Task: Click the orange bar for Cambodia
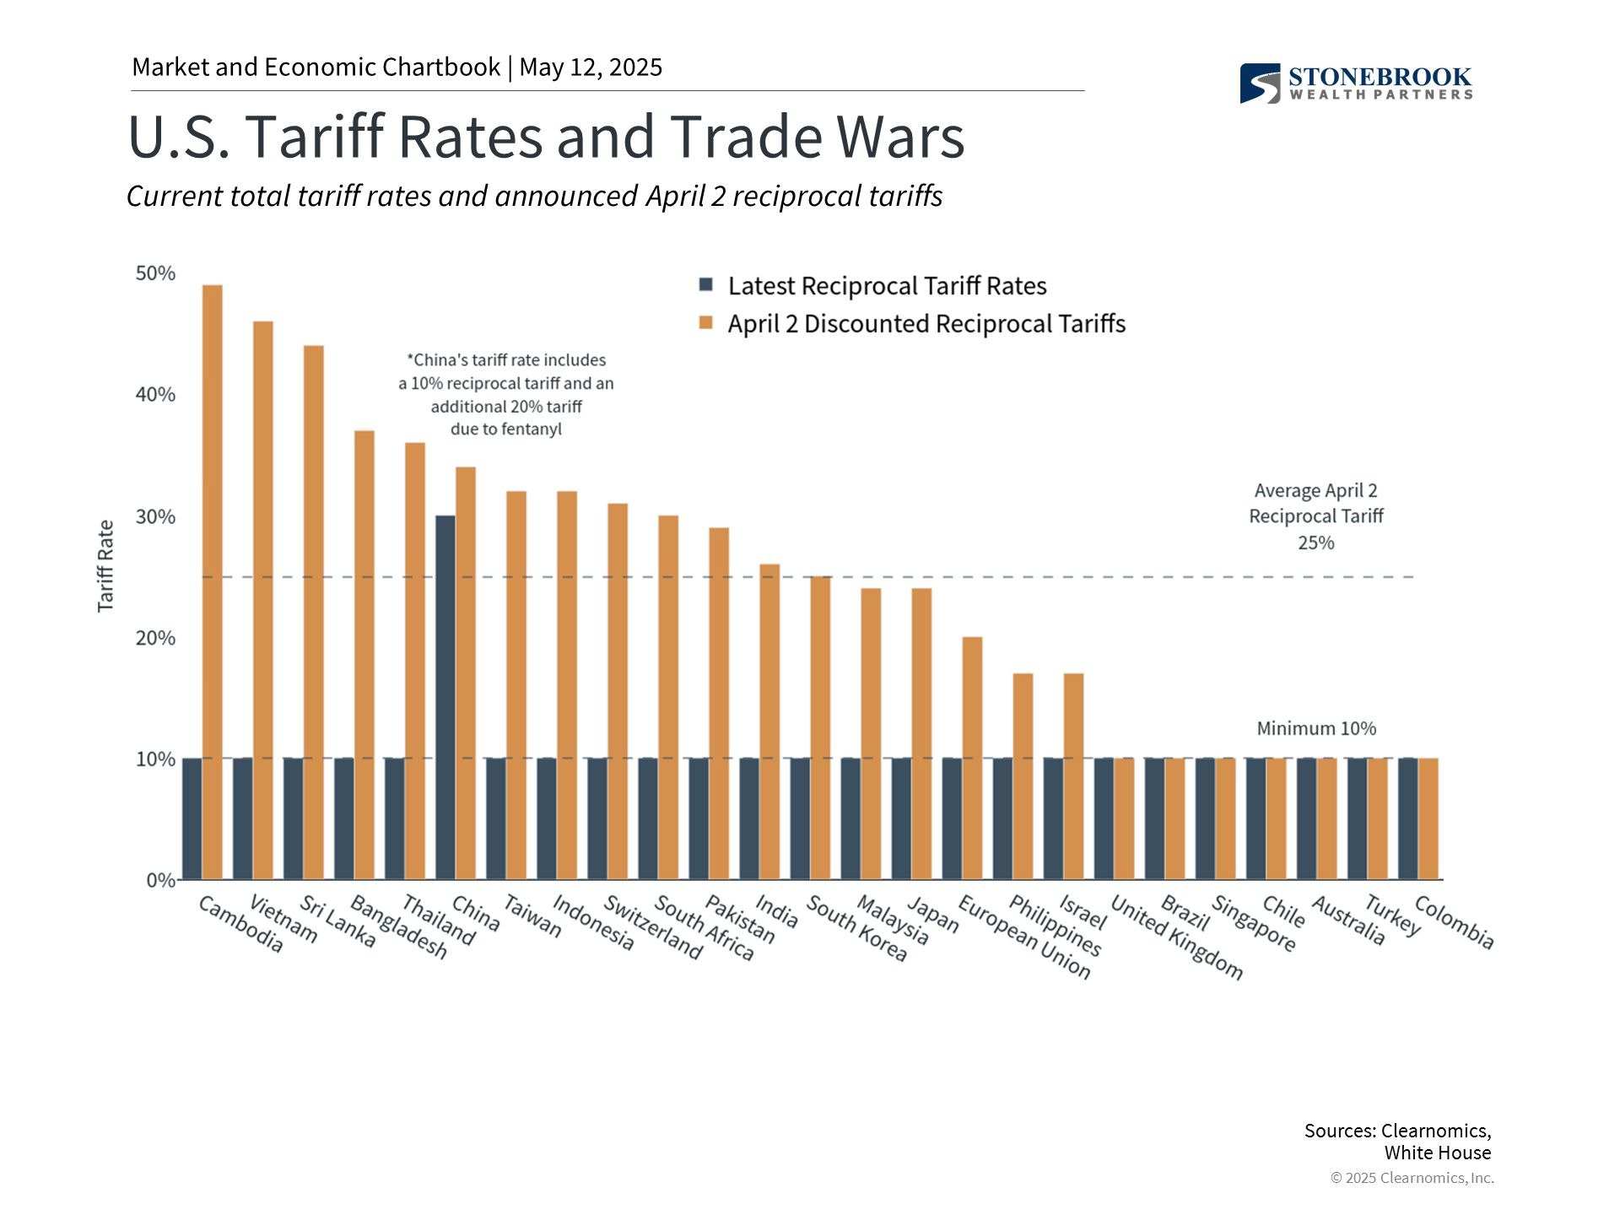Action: coord(213,582)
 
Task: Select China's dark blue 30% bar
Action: coord(445,697)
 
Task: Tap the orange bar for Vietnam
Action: coord(263,600)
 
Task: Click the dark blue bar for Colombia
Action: coord(1407,818)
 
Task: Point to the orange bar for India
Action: coord(769,721)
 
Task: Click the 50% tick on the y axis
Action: coord(155,273)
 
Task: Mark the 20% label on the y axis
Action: coord(155,638)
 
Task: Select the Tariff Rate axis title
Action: coord(105,565)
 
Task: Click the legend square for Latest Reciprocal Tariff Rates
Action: coord(706,284)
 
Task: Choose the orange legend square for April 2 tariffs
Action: coord(706,322)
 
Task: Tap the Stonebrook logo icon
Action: coord(1260,84)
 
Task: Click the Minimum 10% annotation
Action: coord(1316,728)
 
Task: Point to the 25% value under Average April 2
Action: coord(1316,543)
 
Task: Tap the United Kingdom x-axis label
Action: coord(1176,937)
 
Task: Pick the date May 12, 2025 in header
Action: coord(591,67)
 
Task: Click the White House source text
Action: coord(1437,1153)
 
